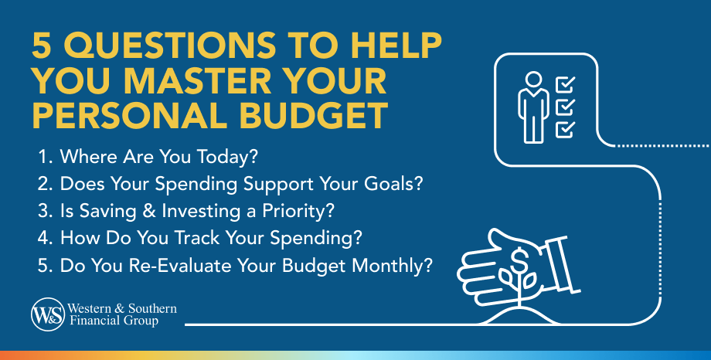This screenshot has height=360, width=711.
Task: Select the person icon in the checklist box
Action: (x=532, y=107)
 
